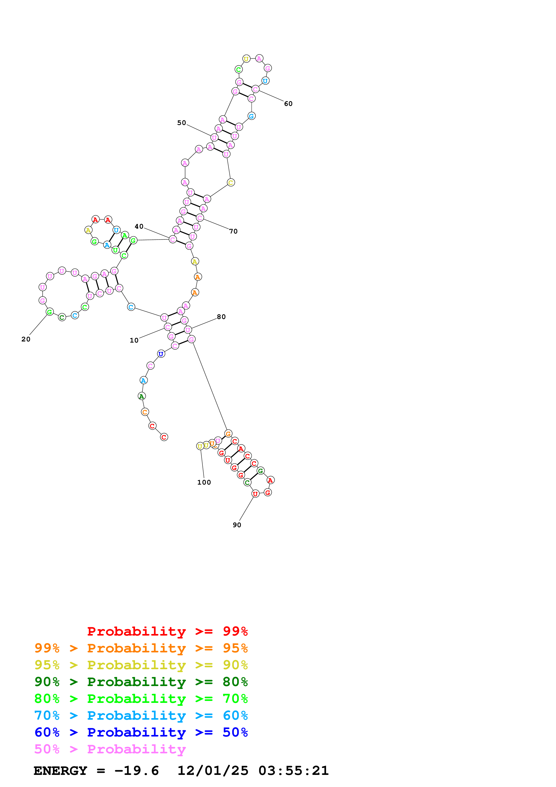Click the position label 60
click(x=288, y=104)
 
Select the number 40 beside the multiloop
click(x=139, y=226)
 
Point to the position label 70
click(x=233, y=231)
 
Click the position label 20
click(x=26, y=339)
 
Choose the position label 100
click(x=204, y=482)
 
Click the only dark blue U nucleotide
click(x=161, y=354)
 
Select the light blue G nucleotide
click(x=251, y=116)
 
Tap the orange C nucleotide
click(x=145, y=412)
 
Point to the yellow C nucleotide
click(x=231, y=183)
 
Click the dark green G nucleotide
click(x=260, y=471)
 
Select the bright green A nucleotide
click(x=125, y=235)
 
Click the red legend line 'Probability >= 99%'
click(x=167, y=631)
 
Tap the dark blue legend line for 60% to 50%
click(x=141, y=732)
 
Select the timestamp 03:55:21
click(x=293, y=771)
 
